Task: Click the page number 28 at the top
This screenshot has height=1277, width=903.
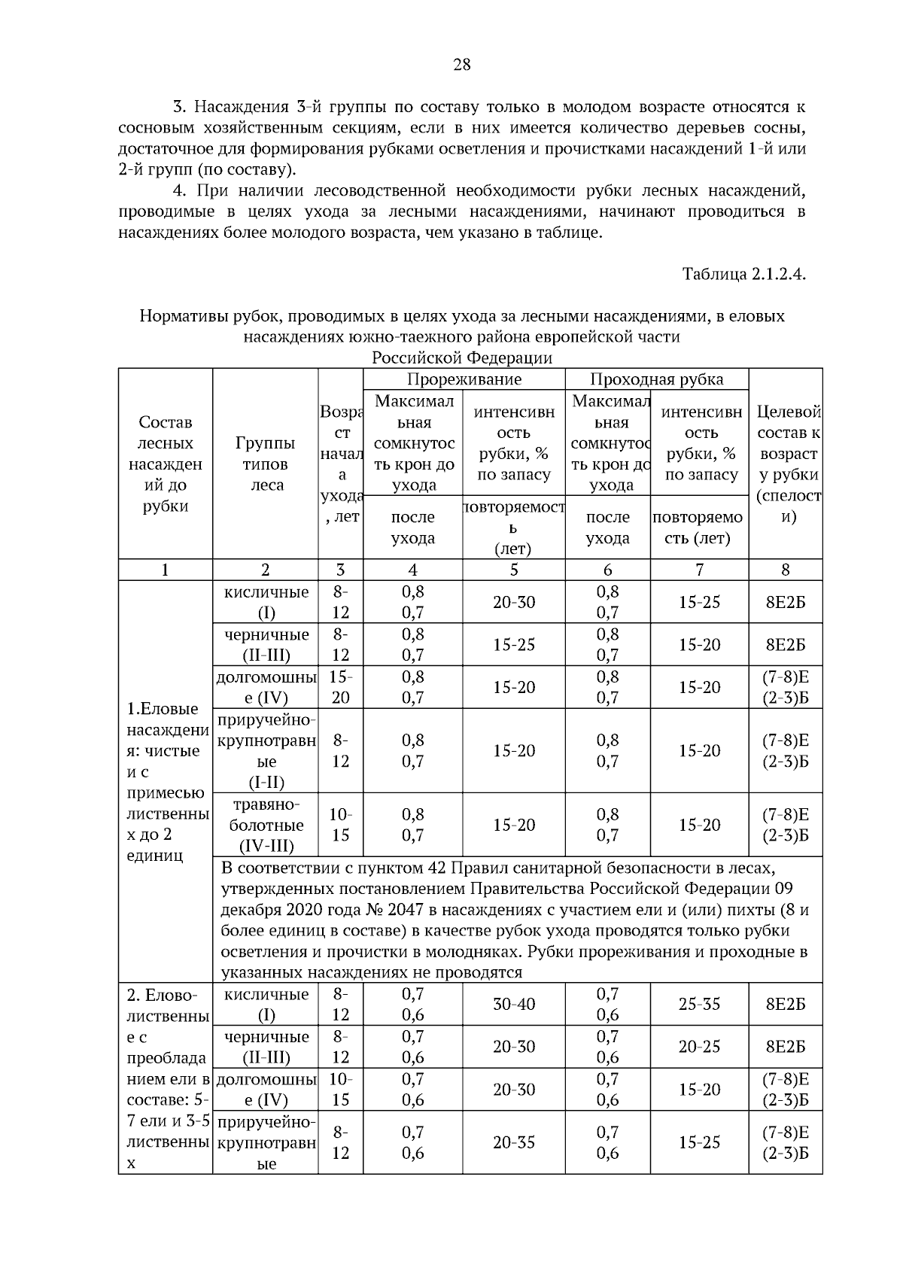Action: (x=461, y=65)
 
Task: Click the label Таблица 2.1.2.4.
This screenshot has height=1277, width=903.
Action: (x=743, y=273)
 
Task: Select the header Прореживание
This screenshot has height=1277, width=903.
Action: (x=464, y=379)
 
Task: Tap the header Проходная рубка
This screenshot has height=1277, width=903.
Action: (x=656, y=379)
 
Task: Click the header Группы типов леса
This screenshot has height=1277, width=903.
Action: (x=265, y=464)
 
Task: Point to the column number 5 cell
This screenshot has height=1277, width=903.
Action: (x=513, y=570)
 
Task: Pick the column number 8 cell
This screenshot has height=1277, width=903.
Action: (x=785, y=570)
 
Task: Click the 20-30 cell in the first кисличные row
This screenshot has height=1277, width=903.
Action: (x=513, y=602)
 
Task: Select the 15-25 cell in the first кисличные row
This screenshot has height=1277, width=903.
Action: (x=699, y=602)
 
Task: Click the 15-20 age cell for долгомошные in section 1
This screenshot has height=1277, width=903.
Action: (x=340, y=687)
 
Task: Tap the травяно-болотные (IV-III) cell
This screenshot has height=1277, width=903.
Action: (x=266, y=825)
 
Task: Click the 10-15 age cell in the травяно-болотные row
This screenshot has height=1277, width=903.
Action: (x=340, y=825)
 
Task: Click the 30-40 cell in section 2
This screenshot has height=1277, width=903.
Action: (x=513, y=1004)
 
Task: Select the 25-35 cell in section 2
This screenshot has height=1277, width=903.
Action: (x=699, y=1004)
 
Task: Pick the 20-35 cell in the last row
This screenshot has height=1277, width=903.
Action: (x=513, y=1142)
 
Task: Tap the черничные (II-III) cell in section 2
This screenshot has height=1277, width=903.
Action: (x=266, y=1047)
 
